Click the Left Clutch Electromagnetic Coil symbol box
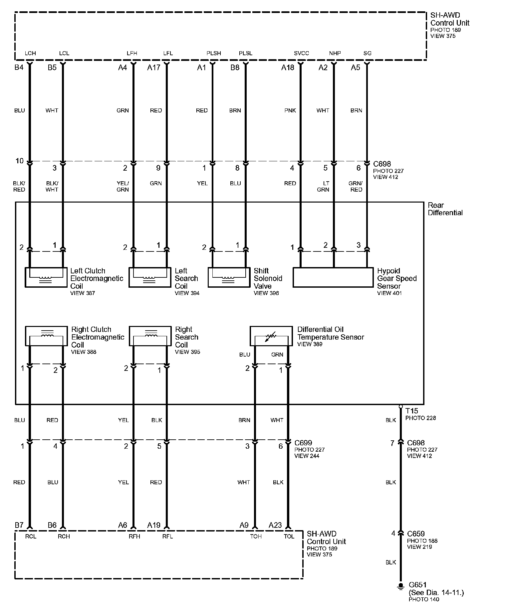click(46, 277)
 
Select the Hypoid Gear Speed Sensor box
click(333, 277)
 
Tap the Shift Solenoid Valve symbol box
click(229, 277)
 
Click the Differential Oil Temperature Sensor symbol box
click(271, 336)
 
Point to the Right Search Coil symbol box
click(150, 336)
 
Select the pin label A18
click(288, 68)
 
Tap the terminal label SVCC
click(301, 53)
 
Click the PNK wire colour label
click(290, 110)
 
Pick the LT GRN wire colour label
click(323, 187)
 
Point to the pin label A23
click(275, 525)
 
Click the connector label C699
click(303, 443)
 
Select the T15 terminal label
click(412, 411)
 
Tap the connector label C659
click(416, 534)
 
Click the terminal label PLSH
click(213, 53)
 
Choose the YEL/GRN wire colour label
click(123, 187)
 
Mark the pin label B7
click(19, 525)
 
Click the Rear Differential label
click(445, 209)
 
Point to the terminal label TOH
click(256, 536)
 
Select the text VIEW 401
click(389, 293)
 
